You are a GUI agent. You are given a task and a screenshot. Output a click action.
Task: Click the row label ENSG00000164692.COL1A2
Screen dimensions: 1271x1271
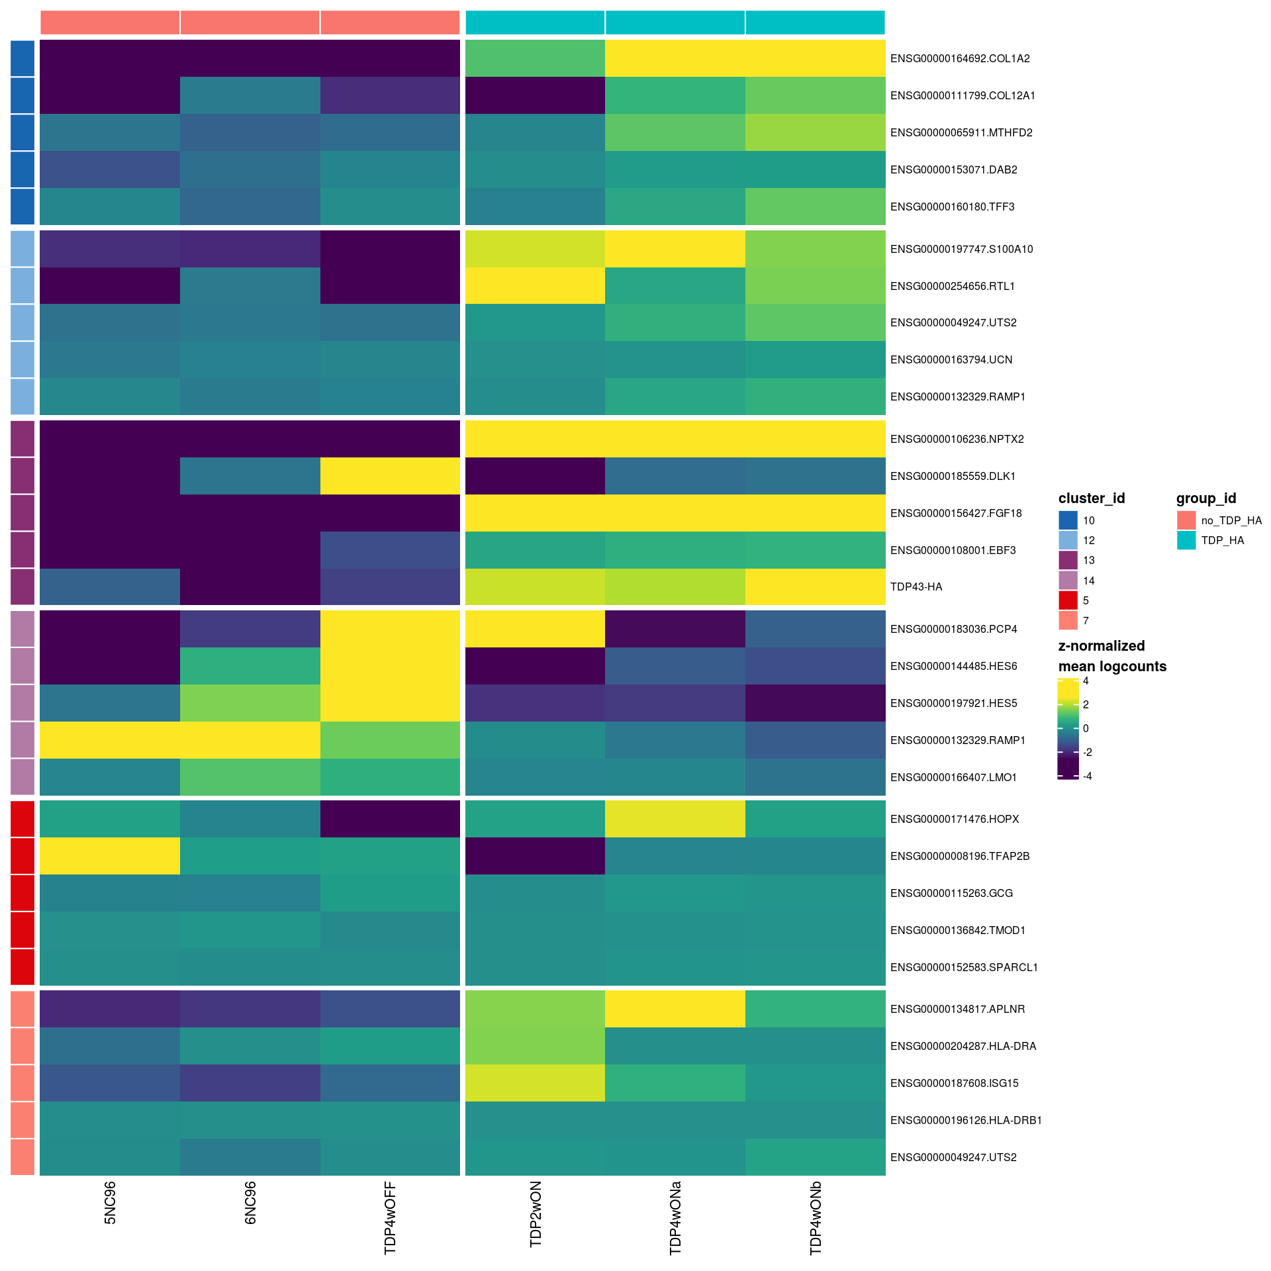(959, 58)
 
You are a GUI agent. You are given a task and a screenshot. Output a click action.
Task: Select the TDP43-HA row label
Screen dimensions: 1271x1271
(916, 587)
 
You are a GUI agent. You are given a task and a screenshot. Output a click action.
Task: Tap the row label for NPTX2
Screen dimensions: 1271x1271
(957, 439)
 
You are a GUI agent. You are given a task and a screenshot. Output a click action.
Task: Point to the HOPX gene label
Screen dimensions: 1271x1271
(954, 819)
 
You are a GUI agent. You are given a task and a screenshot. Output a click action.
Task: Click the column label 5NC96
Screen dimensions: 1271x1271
(110, 1202)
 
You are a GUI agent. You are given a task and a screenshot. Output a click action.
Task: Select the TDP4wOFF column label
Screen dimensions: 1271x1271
(390, 1217)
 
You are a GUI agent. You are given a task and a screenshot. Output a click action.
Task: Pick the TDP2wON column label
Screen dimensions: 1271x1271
(536, 1213)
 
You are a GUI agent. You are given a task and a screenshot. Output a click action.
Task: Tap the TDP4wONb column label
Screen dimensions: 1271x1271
(816, 1217)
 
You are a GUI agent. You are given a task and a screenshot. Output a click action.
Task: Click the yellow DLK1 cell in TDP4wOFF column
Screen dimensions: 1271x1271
(390, 476)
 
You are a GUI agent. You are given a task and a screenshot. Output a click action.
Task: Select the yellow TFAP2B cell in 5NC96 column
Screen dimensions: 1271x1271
(110, 856)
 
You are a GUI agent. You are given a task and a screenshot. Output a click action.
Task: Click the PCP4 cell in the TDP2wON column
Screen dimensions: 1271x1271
(536, 629)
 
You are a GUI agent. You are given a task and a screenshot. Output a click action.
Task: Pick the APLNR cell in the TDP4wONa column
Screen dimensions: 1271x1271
(675, 1009)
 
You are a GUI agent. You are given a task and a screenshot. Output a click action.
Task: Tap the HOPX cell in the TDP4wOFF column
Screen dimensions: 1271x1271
(390, 819)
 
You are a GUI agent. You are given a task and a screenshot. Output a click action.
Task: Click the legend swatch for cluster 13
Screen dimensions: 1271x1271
(1068, 560)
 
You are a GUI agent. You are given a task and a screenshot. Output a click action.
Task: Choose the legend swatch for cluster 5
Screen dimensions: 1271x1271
(1068, 600)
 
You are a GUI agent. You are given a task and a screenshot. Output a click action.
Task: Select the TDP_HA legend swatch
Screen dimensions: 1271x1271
(1186, 540)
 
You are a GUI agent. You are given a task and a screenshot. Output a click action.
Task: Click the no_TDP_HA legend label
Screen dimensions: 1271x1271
(1231, 520)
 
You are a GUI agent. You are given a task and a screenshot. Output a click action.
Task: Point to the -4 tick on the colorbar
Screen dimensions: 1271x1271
(1087, 776)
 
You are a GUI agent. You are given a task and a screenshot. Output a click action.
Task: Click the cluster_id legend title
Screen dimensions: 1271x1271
(1092, 498)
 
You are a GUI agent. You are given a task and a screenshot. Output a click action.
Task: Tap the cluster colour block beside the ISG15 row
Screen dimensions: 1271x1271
(23, 1083)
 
